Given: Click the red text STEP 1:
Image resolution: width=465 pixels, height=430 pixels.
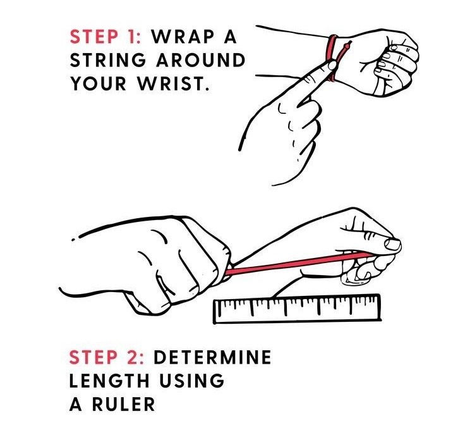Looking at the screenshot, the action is (x=106, y=37).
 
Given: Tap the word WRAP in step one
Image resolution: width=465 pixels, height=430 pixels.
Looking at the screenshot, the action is (x=183, y=37).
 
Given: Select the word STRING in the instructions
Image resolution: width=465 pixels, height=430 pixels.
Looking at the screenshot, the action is (x=108, y=60).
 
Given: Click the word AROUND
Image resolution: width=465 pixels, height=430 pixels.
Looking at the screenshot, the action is (x=200, y=60).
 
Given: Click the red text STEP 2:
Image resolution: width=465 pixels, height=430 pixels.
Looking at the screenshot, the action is (x=107, y=357).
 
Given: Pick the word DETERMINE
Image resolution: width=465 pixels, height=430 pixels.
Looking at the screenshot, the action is (x=212, y=357).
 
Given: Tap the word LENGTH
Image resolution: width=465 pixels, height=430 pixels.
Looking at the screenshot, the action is (x=109, y=381).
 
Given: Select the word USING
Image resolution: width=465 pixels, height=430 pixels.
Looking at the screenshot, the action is (x=192, y=381).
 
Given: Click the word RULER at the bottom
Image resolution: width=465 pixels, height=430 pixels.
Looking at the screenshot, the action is (x=124, y=404).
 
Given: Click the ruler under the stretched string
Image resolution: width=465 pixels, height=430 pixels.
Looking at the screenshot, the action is (x=297, y=309).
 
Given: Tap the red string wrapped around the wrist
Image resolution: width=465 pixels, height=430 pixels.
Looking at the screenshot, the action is (x=332, y=56).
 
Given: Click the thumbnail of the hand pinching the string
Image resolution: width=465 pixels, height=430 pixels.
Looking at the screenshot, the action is (x=392, y=245).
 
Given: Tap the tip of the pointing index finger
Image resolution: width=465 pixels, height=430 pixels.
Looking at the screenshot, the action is (x=332, y=64).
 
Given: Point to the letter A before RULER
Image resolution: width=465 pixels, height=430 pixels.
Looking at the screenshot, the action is (x=76, y=404).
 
